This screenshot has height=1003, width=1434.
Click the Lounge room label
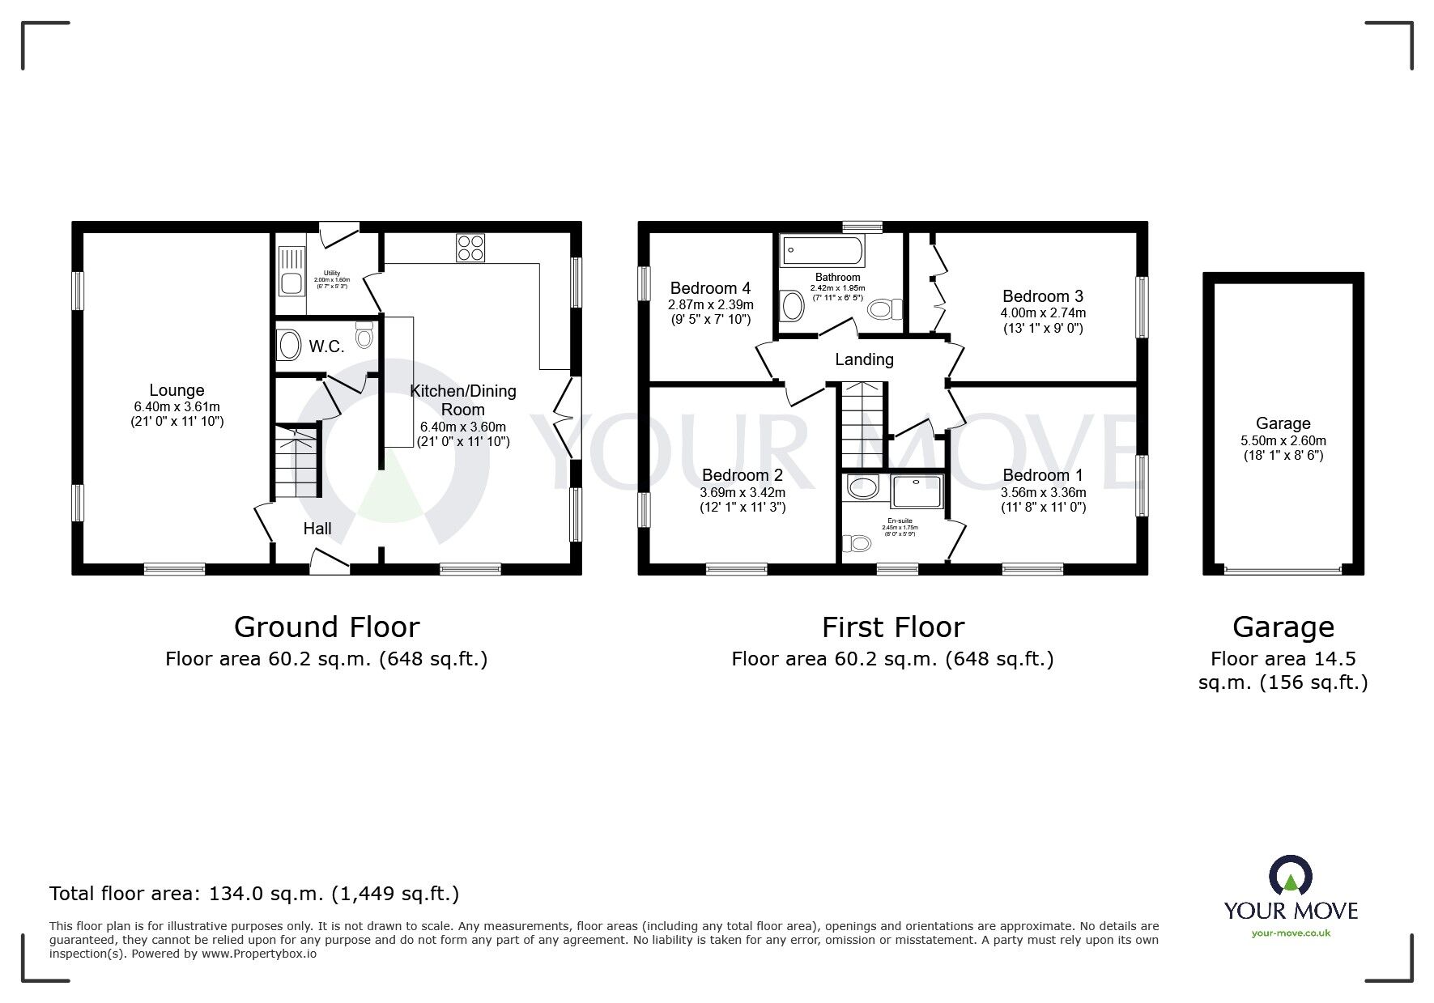177,390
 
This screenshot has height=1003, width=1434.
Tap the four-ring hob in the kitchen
470,247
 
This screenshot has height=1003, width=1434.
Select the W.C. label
326,346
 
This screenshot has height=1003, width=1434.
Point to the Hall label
317,529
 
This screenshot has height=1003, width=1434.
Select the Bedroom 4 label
710,288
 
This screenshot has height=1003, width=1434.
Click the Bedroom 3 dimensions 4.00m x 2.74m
1044,312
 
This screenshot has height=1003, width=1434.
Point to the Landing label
864,359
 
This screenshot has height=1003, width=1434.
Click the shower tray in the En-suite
917,493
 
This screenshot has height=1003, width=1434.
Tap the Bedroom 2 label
742,475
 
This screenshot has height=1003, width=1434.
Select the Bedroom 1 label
1042,475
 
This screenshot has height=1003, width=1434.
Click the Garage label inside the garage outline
1283,423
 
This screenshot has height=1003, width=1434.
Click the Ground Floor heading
326,627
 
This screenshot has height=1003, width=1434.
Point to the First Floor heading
892,627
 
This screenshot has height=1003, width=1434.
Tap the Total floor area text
254,894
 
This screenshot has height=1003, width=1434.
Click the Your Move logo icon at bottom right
1290,875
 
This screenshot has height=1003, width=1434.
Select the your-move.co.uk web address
1291,933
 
